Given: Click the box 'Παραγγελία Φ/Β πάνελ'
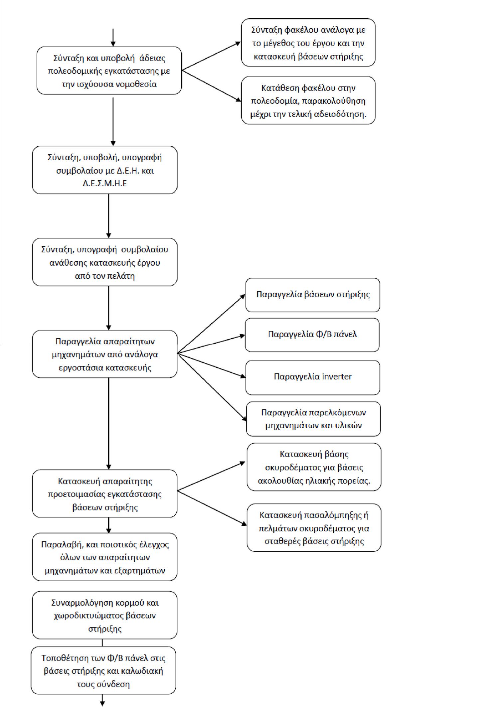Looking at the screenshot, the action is pyautogui.click(x=312, y=335).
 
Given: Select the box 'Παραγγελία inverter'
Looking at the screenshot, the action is pyautogui.click(x=313, y=377).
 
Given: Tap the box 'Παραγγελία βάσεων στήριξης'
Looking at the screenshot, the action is pyautogui.click(x=313, y=295).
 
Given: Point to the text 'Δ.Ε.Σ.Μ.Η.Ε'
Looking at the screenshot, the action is pyautogui.click(x=105, y=184).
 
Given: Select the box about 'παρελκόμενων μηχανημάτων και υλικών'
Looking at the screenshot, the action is pyautogui.click(x=313, y=419).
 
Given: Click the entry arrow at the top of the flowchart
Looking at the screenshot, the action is pyautogui.click(x=113, y=37).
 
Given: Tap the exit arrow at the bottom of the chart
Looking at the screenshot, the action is pyautogui.click(x=102, y=700).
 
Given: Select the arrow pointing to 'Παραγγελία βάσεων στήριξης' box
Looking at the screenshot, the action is pyautogui.click(x=212, y=324).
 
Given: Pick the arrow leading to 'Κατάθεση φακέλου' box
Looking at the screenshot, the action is pyautogui.click(x=212, y=85).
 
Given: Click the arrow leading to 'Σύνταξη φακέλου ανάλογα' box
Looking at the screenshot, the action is pyautogui.click(x=212, y=56).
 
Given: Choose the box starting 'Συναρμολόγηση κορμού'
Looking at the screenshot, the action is pyautogui.click(x=105, y=615).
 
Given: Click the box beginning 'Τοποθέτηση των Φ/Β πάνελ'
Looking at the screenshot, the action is pyautogui.click(x=103, y=670).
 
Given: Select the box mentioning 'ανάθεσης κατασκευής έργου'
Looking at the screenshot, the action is pyautogui.click(x=105, y=262).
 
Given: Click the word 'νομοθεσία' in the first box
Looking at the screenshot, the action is pyautogui.click(x=136, y=84).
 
